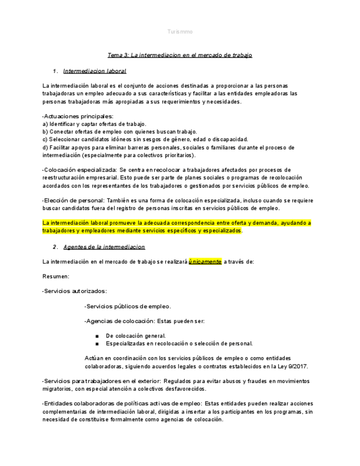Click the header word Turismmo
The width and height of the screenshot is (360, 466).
pyautogui.click(x=180, y=32)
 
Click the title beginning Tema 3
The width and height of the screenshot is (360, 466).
pyautogui.click(x=180, y=55)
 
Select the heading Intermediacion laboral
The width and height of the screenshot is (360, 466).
pyautogui.click(x=95, y=71)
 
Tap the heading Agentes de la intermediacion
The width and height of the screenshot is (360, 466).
pyautogui.click(x=104, y=247)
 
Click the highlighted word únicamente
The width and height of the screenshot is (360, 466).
pyautogui.click(x=205, y=262)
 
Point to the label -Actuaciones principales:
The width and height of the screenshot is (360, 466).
pyautogui.click(x=77, y=116)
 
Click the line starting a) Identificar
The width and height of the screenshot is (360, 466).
pyautogui.click(x=94, y=124)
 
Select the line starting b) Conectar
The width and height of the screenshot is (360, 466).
pyautogui.click(x=119, y=132)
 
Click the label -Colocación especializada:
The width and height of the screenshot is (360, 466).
pyautogui.click(x=79, y=170)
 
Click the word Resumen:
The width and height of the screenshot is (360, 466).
pyautogui.click(x=56, y=276)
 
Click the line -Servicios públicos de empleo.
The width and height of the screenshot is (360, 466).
pyautogui.click(x=128, y=307)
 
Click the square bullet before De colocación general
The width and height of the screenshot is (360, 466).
pyautogui.click(x=97, y=336)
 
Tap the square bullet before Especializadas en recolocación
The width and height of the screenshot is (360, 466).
pyautogui.click(x=97, y=343)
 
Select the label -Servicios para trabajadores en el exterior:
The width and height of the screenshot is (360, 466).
pyautogui.click(x=101, y=381)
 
